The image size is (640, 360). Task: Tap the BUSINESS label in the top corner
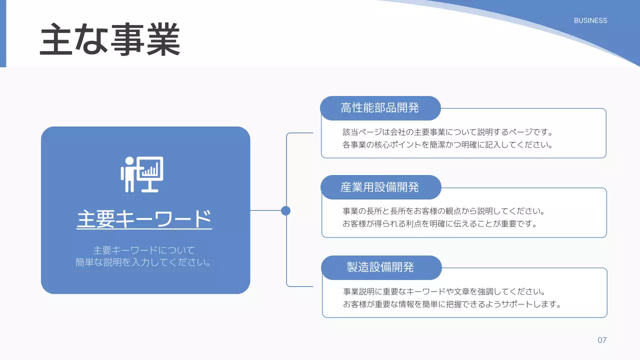pos(590,20)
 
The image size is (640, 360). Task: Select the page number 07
pos(602,340)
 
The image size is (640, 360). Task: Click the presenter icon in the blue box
pos(141,174)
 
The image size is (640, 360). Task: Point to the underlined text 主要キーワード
pos(144,219)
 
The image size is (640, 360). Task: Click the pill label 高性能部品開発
pos(380,108)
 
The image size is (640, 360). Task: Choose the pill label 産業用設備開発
pos(380,187)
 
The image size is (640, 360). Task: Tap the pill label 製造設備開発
pos(380,267)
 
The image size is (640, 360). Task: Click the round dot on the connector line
pos(285,210)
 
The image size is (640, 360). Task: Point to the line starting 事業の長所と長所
pos(443,211)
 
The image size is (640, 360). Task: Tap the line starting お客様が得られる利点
pos(439,224)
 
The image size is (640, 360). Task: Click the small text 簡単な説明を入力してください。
pos(143,262)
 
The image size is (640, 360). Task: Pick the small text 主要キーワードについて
pos(144,250)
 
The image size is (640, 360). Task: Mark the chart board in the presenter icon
pos(150,170)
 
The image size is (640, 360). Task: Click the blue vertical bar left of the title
pos(2,33)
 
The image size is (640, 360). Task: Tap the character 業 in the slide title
pos(163,40)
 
